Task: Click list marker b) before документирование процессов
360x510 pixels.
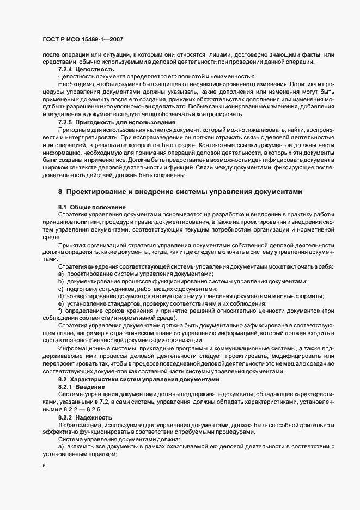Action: [x=62, y=281]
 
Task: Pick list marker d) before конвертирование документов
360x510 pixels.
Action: [x=62, y=296]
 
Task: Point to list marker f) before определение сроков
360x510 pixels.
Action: [x=60, y=311]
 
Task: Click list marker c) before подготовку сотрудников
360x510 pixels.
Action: [x=62, y=288]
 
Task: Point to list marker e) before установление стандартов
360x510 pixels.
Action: [x=62, y=303]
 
